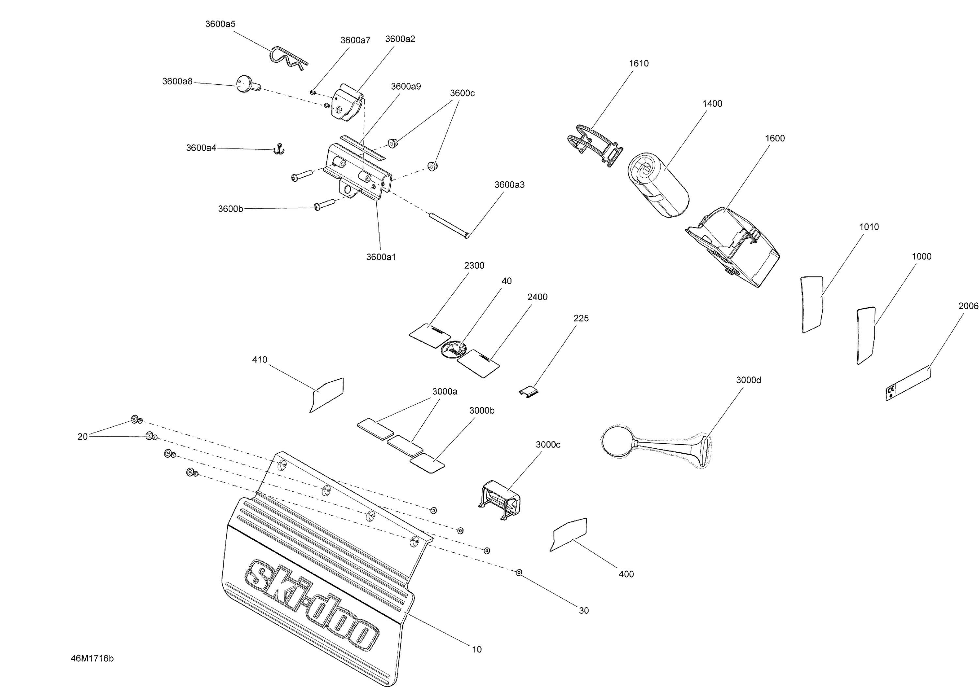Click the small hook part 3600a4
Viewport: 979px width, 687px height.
click(x=279, y=149)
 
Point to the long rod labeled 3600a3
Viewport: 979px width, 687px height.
click(x=449, y=224)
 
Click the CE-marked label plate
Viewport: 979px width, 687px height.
click(x=908, y=383)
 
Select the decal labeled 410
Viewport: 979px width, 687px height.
click(x=327, y=395)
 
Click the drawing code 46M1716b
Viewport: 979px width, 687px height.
click(x=92, y=658)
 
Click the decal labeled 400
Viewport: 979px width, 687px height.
click(x=568, y=534)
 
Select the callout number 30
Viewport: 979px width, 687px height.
click(x=584, y=611)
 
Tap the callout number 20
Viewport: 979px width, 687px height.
click(x=82, y=437)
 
